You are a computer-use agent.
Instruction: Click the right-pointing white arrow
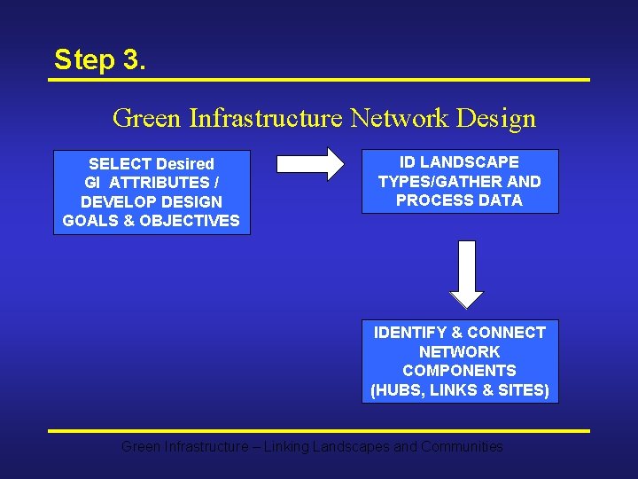(x=309, y=164)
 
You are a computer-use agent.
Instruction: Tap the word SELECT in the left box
(x=121, y=164)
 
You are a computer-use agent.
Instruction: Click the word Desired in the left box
(x=185, y=164)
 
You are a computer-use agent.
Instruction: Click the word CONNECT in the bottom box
(x=506, y=333)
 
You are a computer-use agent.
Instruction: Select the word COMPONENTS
(x=459, y=371)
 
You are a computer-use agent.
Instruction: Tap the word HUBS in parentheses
(x=398, y=390)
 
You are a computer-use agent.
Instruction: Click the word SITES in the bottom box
(x=525, y=390)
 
